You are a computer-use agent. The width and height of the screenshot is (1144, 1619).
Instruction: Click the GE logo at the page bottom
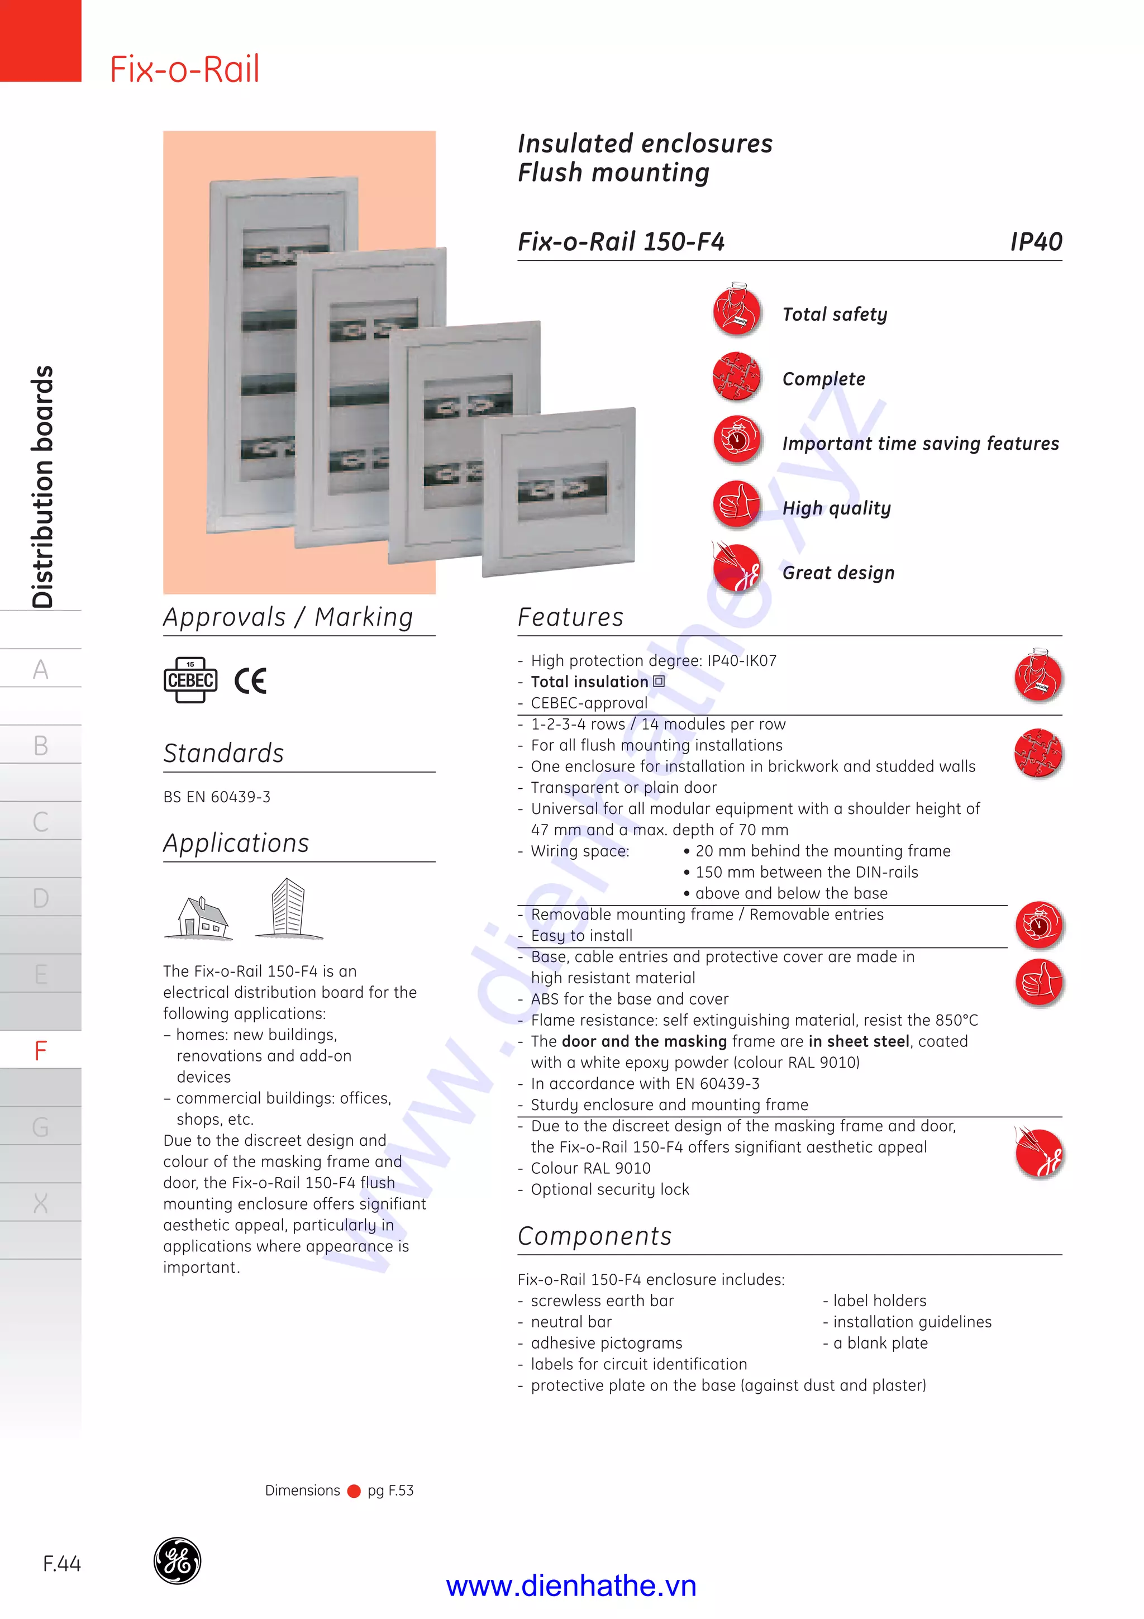(177, 1560)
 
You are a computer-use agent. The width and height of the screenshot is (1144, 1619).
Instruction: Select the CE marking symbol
(250, 680)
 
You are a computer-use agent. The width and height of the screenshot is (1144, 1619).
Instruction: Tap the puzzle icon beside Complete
(737, 376)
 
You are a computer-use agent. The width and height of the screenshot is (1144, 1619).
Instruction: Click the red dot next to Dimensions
(354, 1491)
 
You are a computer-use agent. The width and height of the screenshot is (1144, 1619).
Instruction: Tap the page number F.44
(61, 1564)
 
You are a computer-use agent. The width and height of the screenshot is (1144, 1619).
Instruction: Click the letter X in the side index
(41, 1203)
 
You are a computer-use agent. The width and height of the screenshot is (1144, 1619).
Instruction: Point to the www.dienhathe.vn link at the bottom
(571, 1586)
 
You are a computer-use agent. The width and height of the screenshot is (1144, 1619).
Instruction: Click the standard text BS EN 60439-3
(216, 797)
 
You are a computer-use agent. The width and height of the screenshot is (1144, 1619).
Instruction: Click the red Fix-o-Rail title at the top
(185, 69)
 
